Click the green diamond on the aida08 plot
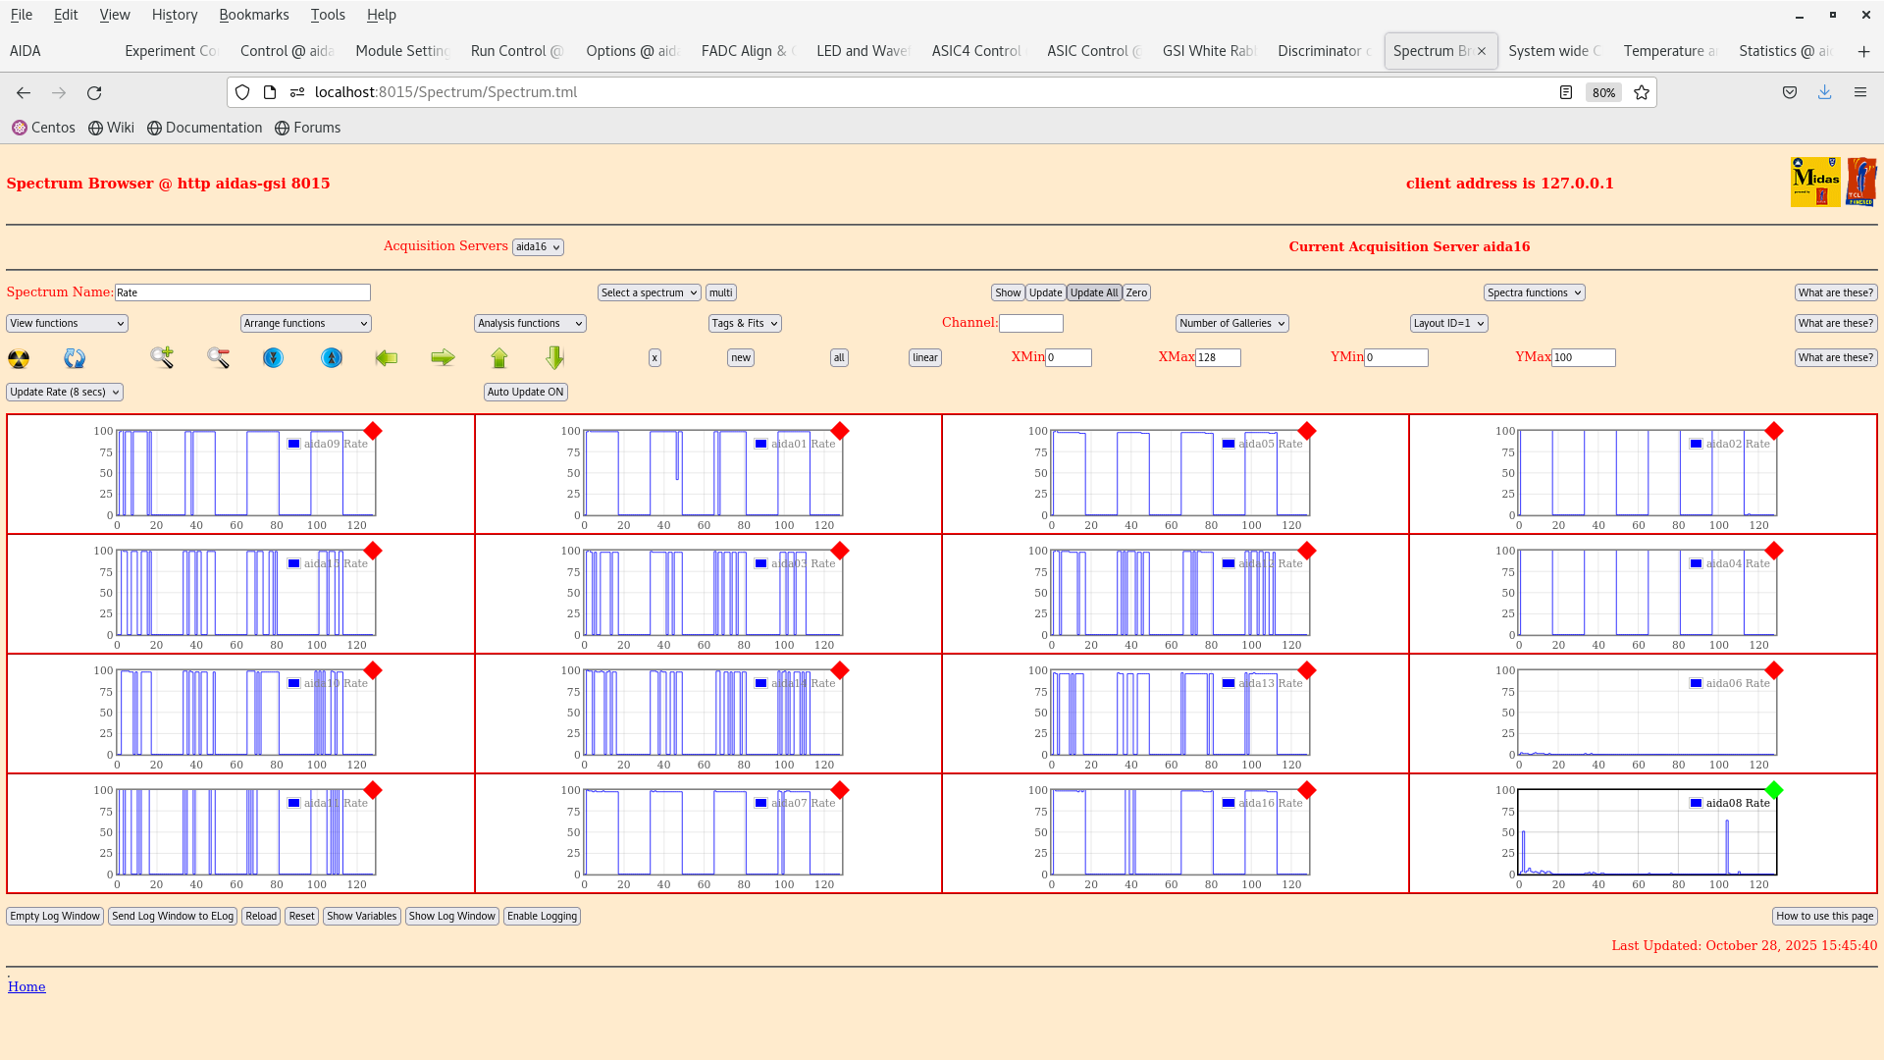[x=1773, y=790]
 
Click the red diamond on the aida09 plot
[x=373, y=431]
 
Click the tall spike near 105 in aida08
[x=1727, y=844]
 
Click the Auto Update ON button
[x=525, y=392]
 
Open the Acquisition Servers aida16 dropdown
[x=538, y=247]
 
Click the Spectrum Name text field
[x=242, y=292]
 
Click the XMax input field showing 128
[x=1217, y=358]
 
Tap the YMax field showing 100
[x=1582, y=358]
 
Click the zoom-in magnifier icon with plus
[x=162, y=358]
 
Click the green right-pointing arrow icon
[x=443, y=358]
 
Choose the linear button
[x=924, y=358]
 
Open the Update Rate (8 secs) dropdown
[x=65, y=392]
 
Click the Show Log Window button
[x=451, y=916]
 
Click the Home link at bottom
[x=26, y=986]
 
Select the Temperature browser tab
[x=1668, y=51]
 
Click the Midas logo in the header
[x=1814, y=182]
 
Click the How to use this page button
[x=1824, y=916]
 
